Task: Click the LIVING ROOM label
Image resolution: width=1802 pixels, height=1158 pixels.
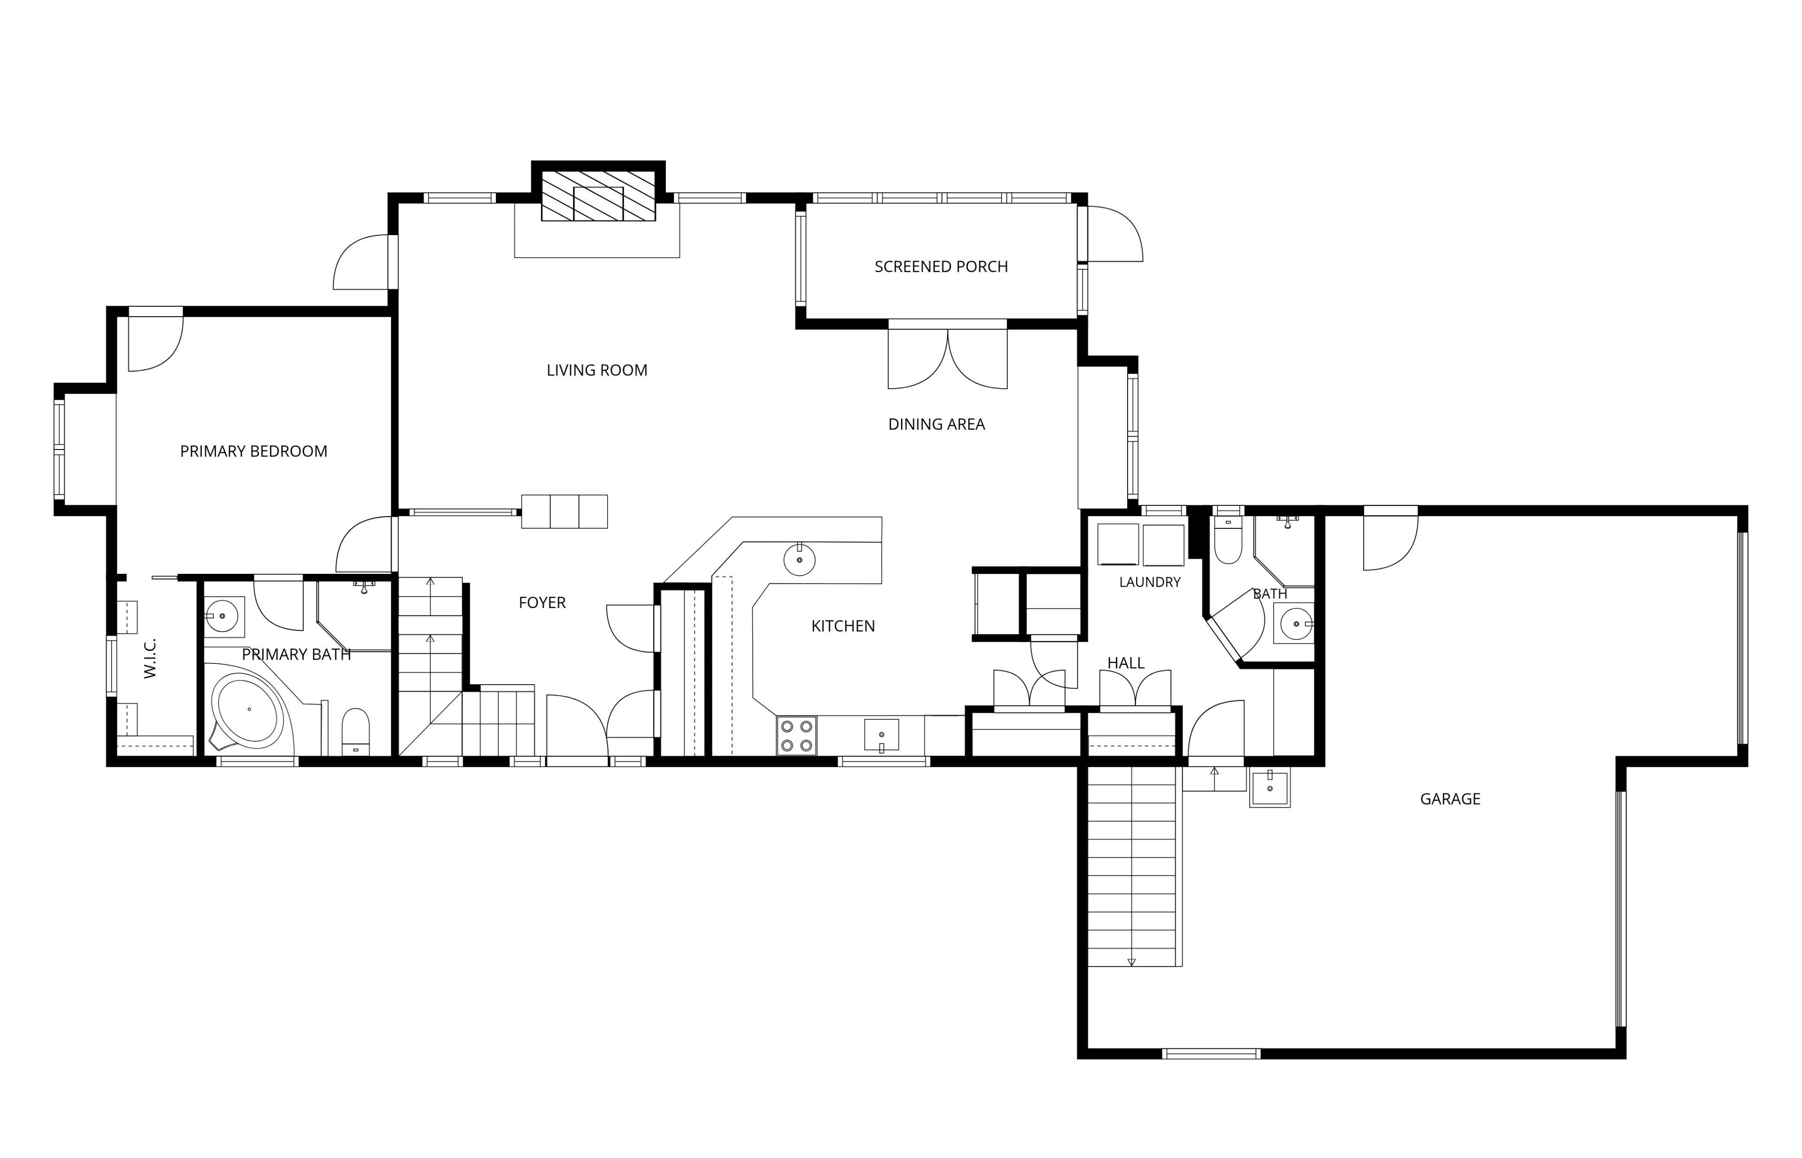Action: point(596,370)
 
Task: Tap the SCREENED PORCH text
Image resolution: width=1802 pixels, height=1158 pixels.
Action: point(941,266)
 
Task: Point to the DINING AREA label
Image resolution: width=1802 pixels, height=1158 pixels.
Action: point(936,424)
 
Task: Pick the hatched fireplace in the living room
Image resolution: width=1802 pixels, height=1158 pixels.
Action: point(599,196)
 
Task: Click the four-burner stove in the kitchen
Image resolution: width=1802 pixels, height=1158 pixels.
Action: point(796,735)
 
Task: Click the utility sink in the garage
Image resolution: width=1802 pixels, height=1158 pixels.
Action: point(1269,787)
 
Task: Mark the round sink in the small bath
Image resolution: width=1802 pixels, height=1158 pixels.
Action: point(1296,624)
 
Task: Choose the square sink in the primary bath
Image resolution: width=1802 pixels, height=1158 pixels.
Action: point(223,617)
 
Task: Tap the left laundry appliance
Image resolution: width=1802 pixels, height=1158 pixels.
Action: point(1118,544)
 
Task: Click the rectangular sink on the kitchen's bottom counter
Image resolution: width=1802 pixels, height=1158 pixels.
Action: point(881,735)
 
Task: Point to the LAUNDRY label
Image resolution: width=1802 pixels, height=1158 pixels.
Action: point(1149,582)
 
